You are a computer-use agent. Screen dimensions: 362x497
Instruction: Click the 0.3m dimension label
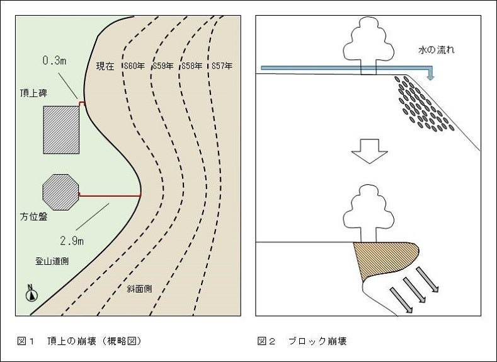(x=54, y=61)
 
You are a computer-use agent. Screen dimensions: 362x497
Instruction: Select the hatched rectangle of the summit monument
(x=61, y=129)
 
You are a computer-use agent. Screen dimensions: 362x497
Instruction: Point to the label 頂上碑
(x=32, y=93)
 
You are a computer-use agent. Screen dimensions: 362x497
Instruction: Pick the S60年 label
(x=135, y=66)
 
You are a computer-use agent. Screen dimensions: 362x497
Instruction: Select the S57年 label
(x=222, y=66)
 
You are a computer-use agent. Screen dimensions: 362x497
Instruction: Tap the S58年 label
(x=191, y=66)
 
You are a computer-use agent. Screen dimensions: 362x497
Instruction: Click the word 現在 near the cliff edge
(x=105, y=66)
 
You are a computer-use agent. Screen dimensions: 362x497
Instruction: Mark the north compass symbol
(x=30, y=293)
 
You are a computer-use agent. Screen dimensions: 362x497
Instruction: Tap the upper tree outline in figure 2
(x=367, y=44)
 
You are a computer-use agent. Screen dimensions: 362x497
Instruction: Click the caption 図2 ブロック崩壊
(x=302, y=341)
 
